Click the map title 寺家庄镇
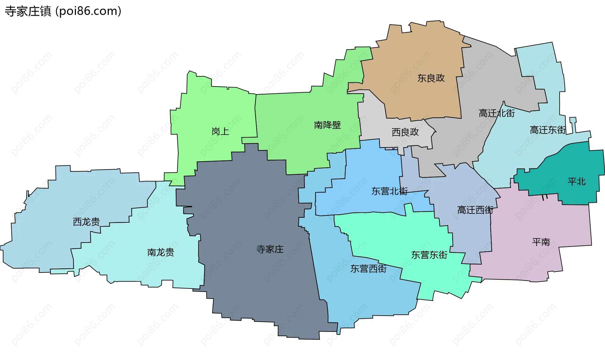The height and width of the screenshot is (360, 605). [x=28, y=11]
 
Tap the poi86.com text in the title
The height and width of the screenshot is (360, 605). [x=88, y=11]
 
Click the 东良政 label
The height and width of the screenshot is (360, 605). [x=431, y=78]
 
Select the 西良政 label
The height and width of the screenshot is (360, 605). [x=405, y=132]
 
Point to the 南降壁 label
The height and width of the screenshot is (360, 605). [x=327, y=125]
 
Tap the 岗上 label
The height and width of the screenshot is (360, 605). [x=220, y=131]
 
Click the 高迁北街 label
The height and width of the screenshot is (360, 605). [x=497, y=113]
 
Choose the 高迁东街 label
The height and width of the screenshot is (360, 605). [x=548, y=130]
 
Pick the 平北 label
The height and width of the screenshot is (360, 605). [x=576, y=181]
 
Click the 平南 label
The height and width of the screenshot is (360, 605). [x=541, y=242]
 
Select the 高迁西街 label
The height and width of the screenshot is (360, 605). [x=475, y=210]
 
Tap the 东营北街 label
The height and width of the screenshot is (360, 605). [x=389, y=191]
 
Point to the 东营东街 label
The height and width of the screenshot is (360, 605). [x=429, y=255]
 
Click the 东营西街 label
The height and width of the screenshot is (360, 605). [x=368, y=269]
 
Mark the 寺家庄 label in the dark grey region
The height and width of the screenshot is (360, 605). [x=270, y=249]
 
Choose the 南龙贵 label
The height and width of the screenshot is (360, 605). [x=160, y=252]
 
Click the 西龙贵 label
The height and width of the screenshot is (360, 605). [x=86, y=222]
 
